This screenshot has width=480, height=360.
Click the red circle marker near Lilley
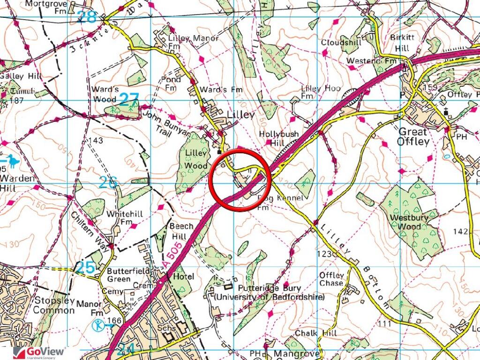point(240,180)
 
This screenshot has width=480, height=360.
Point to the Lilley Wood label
point(195,159)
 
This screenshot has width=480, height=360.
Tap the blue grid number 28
point(87,17)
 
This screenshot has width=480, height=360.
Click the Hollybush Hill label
point(279,138)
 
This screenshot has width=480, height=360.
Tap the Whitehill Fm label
point(120,217)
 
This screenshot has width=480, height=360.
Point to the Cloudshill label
point(339,43)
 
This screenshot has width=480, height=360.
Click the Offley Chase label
point(331,279)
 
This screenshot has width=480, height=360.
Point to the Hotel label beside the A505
point(183,277)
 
